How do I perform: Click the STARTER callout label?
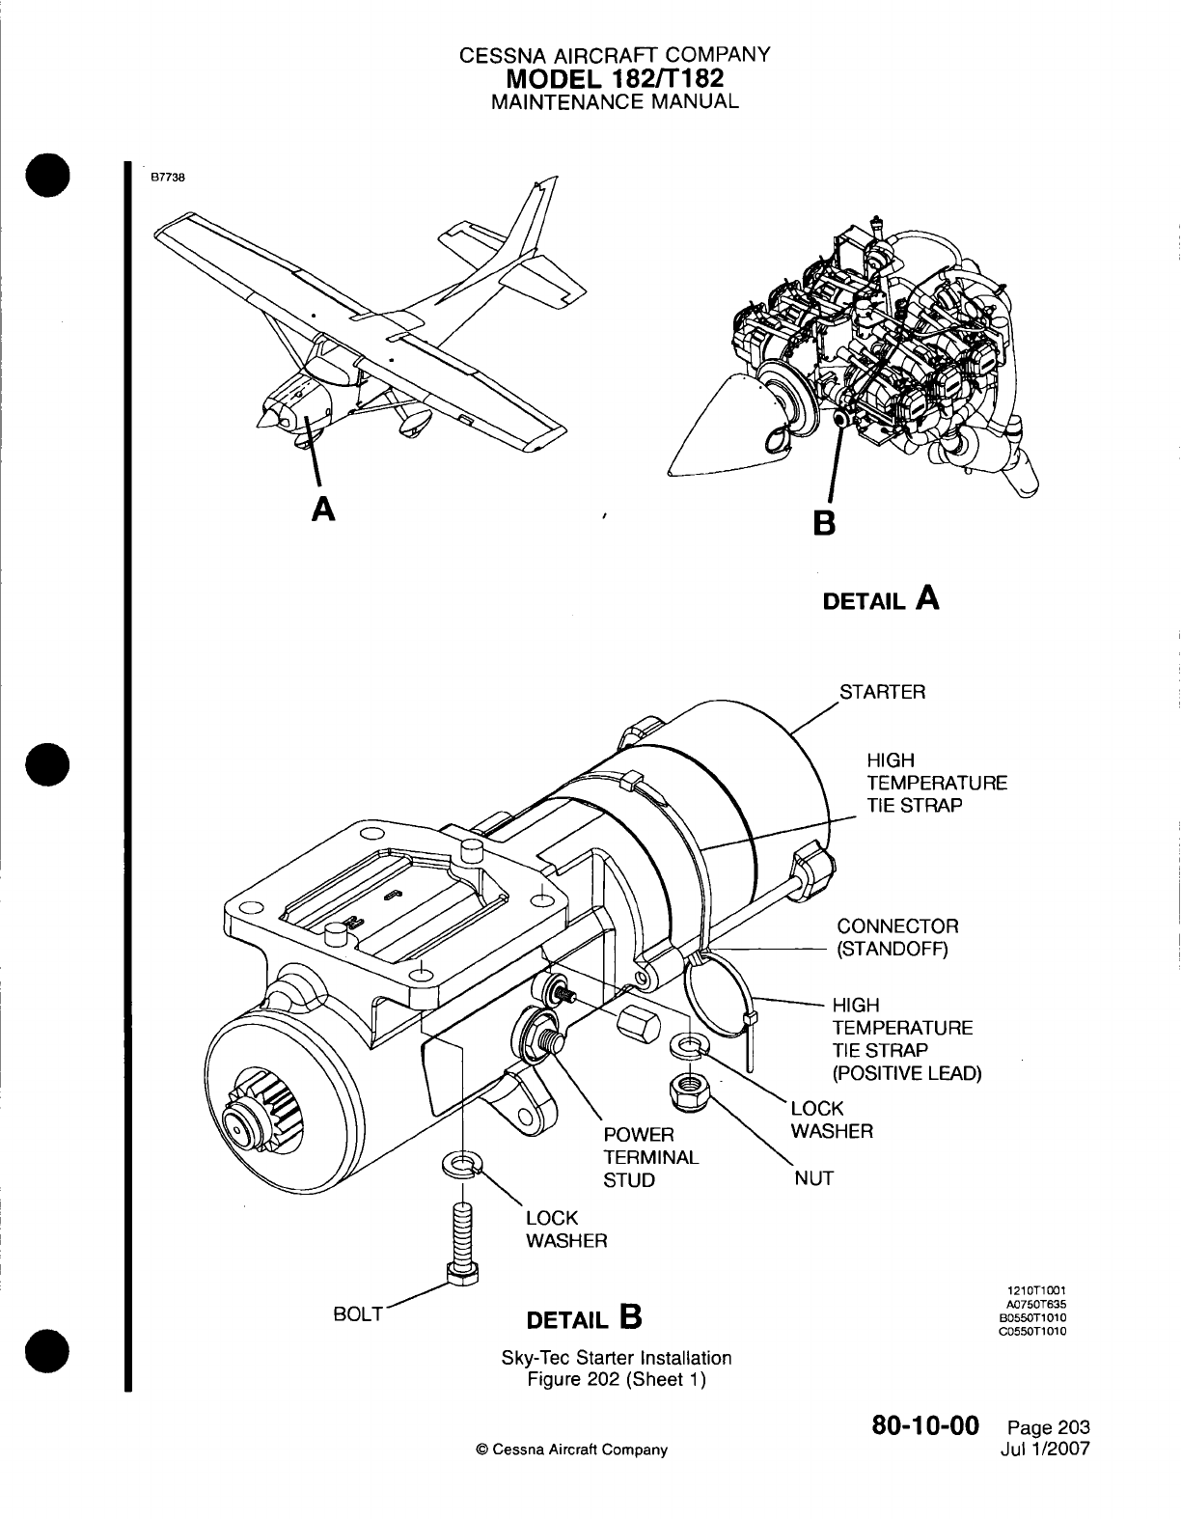pos(882,692)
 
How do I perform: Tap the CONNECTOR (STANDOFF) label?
pos(897,937)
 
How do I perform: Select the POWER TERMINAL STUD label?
pos(651,1157)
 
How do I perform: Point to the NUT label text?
pos(812,1178)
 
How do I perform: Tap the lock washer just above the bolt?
pos(463,1165)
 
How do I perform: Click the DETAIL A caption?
pos(880,598)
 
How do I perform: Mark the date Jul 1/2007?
pos(1048,1447)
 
